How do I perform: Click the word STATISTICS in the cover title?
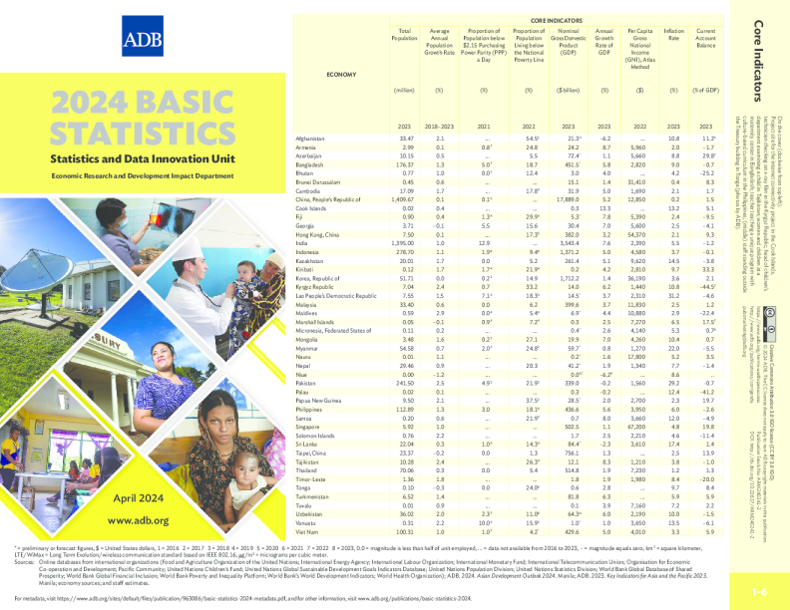pyautogui.click(x=139, y=134)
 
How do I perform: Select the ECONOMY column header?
pyautogui.click(x=342, y=76)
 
